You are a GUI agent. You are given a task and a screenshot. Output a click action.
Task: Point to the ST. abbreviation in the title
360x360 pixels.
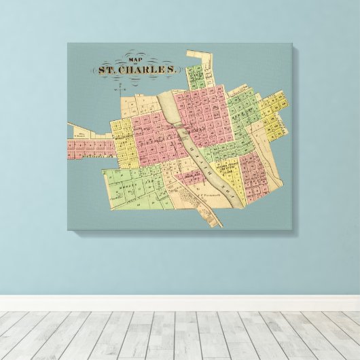(109, 69)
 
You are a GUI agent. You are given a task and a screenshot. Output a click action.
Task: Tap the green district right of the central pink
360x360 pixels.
(238, 119)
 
